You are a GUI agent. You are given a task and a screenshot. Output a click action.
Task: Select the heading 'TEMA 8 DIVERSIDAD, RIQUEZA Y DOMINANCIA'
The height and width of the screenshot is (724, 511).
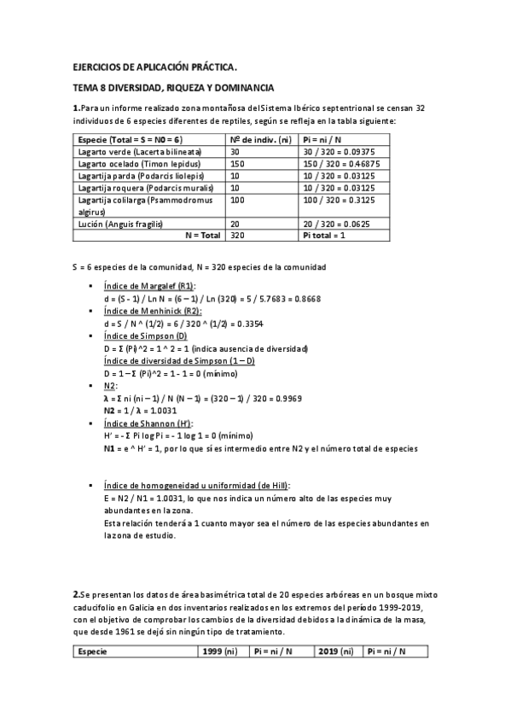pos(173,87)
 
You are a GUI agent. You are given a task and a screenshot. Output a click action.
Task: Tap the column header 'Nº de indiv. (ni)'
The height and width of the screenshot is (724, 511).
pos(260,138)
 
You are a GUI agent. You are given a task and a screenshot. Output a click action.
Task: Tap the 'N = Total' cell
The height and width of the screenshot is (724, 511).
pos(202,235)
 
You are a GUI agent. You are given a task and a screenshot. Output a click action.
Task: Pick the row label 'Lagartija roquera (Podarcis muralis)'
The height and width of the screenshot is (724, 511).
pos(133,187)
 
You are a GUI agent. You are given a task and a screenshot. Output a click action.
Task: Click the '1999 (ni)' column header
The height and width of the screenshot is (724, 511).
pos(219,651)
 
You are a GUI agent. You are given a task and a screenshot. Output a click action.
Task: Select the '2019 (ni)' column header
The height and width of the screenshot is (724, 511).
pos(334,651)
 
